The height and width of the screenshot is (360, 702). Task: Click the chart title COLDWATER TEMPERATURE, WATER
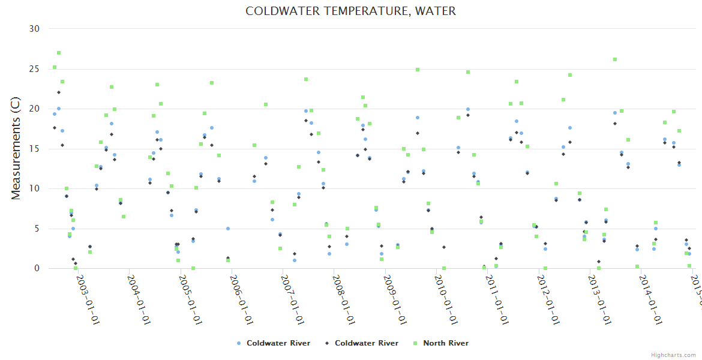coord(350,11)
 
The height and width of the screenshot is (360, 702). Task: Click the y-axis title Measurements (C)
coord(16,148)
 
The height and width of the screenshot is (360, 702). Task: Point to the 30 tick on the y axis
coord(34,29)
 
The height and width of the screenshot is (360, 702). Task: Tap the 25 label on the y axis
coord(34,69)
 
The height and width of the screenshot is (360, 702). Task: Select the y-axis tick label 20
coord(34,109)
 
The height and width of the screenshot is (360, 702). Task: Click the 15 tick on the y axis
coord(34,149)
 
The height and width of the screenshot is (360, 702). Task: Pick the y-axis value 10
coord(34,188)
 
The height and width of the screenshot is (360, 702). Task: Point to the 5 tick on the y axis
coord(37,229)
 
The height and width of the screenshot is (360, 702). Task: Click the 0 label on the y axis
coord(37,268)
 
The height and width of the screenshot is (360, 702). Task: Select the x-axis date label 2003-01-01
coord(88,292)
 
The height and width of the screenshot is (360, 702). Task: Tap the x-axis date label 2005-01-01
coord(190,292)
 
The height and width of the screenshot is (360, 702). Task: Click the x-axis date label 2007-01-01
coord(292,292)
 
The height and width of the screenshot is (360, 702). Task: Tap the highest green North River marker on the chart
coord(59,53)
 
